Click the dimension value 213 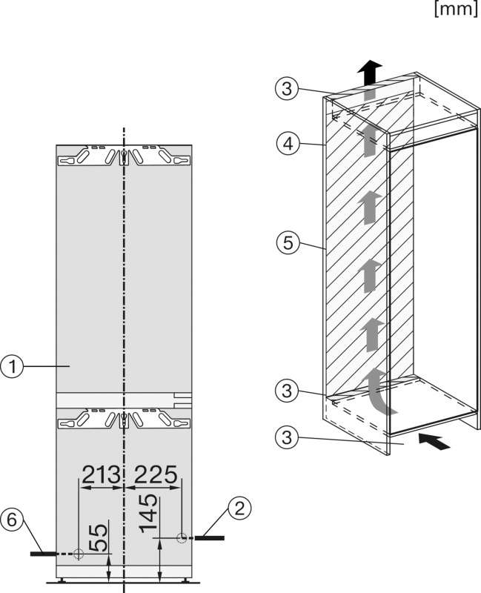point(101,472)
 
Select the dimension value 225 point(154,472)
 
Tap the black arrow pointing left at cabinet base point(434,442)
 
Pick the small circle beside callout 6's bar point(78,554)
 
